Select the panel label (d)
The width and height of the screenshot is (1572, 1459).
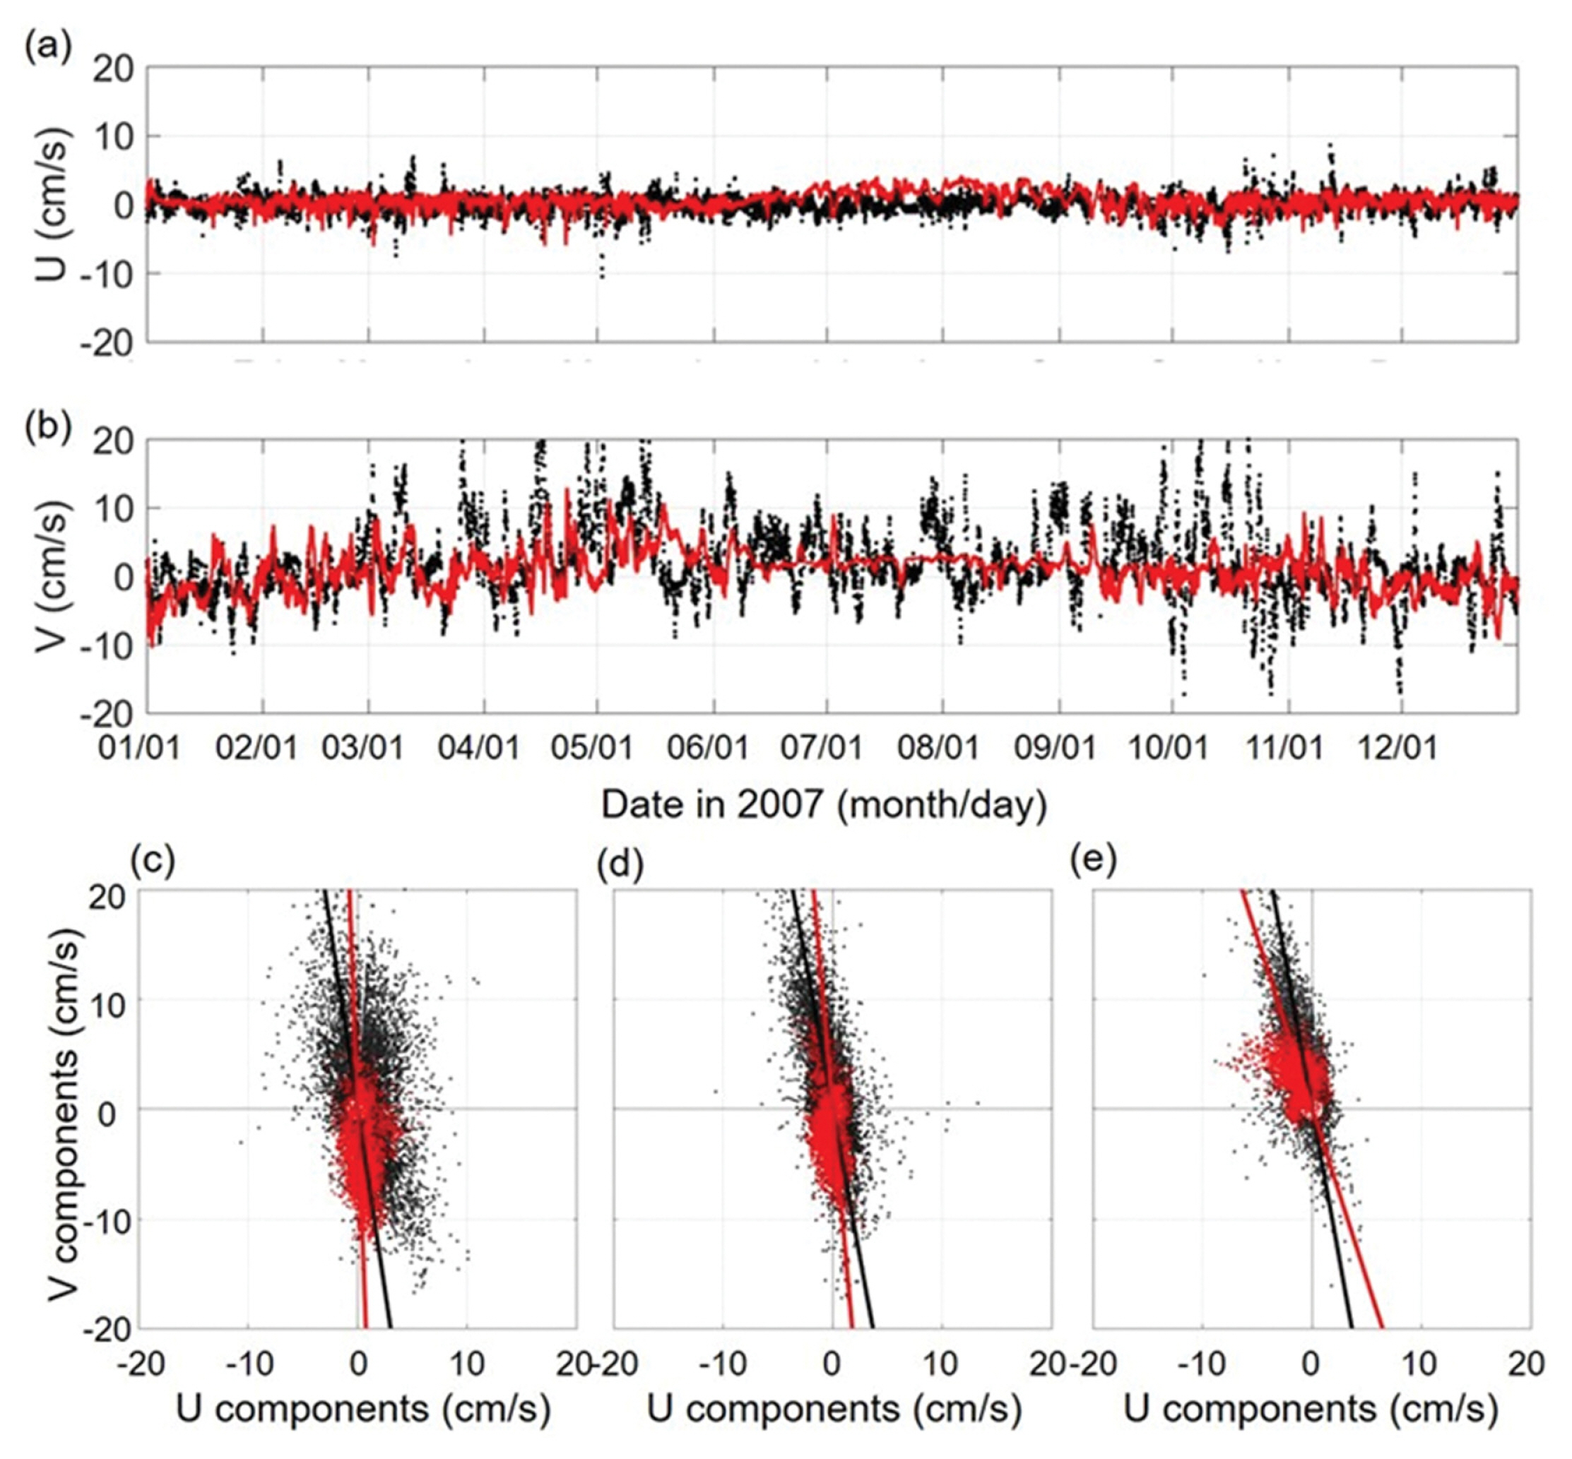[x=621, y=863]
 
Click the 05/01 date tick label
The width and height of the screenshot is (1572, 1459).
[x=593, y=748]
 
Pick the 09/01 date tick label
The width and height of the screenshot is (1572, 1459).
[x=1056, y=748]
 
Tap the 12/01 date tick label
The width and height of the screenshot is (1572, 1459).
[x=1397, y=748]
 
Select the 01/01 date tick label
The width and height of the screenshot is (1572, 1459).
[x=139, y=748]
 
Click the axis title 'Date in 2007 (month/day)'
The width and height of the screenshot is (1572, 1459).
[x=824, y=805]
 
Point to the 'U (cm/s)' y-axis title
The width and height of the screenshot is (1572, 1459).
[x=54, y=206]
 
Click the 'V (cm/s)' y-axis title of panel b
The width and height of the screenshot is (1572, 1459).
[x=54, y=577]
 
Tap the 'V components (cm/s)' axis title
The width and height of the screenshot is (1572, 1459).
[x=62, y=1111]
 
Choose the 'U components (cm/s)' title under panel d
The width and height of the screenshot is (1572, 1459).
[x=834, y=1408]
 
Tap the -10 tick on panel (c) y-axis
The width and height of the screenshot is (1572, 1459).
[x=107, y=1220]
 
